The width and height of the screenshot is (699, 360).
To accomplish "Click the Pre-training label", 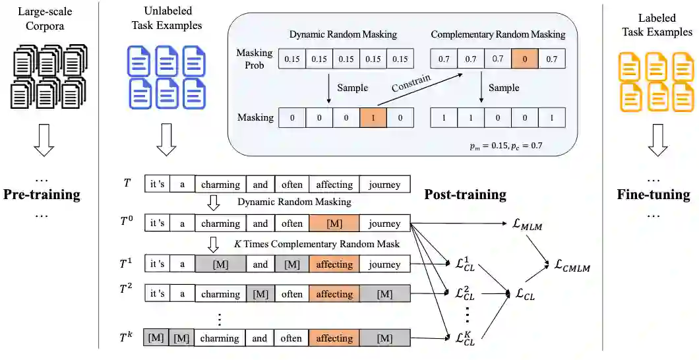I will [x=42, y=195].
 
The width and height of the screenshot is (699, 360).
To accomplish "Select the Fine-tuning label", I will [x=653, y=195].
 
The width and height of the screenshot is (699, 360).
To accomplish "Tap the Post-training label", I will [x=465, y=195].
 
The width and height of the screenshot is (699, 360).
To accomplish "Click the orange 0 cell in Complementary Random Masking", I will [x=526, y=59].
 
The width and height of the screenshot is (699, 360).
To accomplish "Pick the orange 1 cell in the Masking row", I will [x=373, y=118].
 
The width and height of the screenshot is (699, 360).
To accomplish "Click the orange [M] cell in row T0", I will [x=334, y=224].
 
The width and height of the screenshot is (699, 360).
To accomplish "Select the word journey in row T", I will [x=384, y=185].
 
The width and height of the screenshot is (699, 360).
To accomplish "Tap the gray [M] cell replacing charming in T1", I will [x=220, y=264].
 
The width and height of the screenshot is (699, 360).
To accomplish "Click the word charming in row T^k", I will [x=220, y=338].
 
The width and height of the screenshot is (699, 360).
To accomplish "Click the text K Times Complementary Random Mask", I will [x=317, y=244].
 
